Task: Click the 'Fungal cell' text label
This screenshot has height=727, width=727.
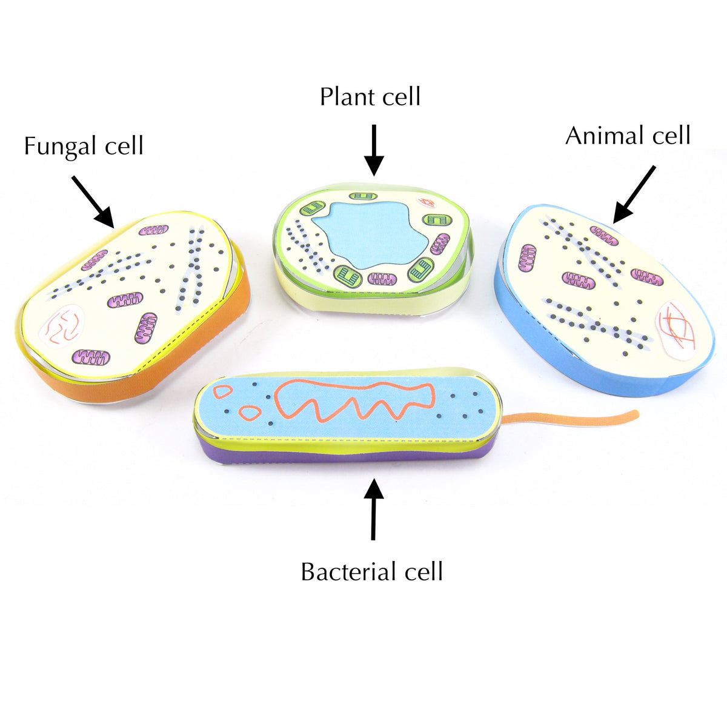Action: coord(84,147)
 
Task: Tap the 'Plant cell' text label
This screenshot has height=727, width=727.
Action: coord(370,97)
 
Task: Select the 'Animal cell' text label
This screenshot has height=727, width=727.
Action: coord(628,136)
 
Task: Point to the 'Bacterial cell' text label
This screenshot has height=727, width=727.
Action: coord(372,572)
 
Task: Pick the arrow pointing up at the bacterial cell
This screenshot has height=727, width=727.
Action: coord(373,509)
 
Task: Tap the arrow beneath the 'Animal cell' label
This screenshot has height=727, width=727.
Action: coord(634,194)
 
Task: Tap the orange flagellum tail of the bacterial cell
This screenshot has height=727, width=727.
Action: coord(569,417)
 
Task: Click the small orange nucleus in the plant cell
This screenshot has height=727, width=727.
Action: coord(428,204)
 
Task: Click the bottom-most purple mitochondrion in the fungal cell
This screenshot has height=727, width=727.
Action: coord(91,357)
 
